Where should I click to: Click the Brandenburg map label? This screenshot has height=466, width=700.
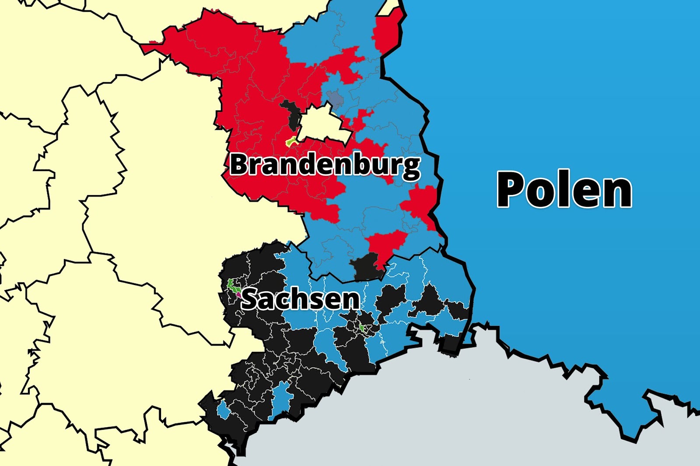(325, 165)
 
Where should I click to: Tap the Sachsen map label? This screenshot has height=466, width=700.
(301, 299)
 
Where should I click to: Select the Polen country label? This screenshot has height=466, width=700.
(564, 190)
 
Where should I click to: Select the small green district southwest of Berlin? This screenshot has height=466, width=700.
(291, 141)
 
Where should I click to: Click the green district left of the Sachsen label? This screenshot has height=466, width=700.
(232, 286)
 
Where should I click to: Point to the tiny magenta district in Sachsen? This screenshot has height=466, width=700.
(238, 295)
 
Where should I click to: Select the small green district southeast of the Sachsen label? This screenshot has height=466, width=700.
(362, 327)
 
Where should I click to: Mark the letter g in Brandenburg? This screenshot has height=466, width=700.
(411, 168)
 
